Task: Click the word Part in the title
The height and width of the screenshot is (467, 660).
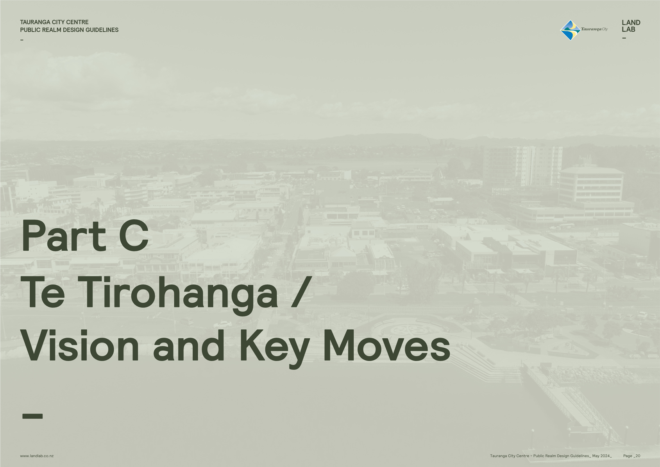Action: coord(64,236)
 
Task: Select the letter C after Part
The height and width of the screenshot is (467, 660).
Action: coord(134,236)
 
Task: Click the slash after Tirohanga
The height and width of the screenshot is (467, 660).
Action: coord(301,292)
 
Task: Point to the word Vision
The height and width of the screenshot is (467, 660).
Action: coord(80,345)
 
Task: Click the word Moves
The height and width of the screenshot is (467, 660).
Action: coord(387,345)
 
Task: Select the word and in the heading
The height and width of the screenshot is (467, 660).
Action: coord(189,345)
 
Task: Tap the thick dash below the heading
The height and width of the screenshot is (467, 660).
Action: coord(32,416)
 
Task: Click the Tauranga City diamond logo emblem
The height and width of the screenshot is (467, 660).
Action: coord(571,30)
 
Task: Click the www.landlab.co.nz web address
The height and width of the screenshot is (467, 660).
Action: coord(37,456)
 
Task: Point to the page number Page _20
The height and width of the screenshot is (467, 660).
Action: coord(632,456)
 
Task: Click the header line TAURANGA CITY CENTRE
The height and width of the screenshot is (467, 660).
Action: coord(54,22)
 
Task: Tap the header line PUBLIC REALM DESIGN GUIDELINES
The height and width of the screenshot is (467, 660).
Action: coord(69,30)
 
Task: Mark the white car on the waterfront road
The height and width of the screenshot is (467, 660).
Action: coord(223,324)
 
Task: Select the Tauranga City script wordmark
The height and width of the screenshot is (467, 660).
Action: coord(594,29)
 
